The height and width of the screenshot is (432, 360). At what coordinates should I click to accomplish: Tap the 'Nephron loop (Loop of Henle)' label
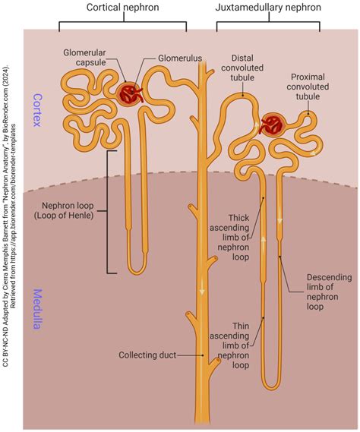click(68, 210)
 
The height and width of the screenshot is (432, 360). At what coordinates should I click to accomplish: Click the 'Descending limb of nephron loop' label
click(327, 288)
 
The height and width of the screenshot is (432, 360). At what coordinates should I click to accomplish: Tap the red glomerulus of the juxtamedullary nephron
click(271, 125)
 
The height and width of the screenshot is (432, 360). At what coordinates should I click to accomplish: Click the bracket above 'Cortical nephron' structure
click(122, 24)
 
